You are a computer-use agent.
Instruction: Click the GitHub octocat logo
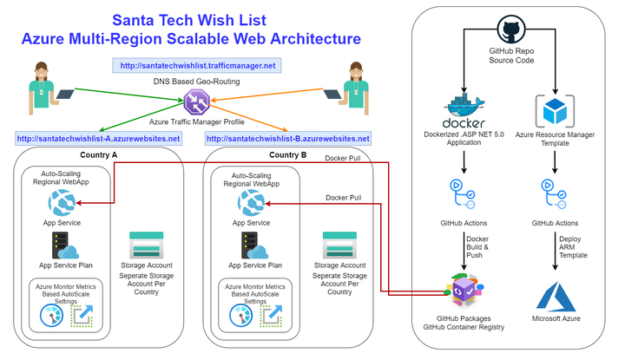[x=511, y=29]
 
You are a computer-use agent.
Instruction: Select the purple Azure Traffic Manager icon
[x=196, y=101]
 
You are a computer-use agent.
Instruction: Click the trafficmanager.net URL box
[x=197, y=66]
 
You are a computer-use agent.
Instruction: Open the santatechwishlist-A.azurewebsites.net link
[x=98, y=139]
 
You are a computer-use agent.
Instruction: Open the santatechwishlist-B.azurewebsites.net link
[x=288, y=139]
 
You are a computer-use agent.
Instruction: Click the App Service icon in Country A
[x=62, y=203]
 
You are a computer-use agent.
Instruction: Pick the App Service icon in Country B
[x=251, y=203]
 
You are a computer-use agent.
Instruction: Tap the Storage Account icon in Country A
[x=147, y=245]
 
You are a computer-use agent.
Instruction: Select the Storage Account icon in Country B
[x=339, y=245]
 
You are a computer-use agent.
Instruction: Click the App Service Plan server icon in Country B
[x=254, y=245]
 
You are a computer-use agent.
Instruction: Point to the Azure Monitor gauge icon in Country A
[x=51, y=316]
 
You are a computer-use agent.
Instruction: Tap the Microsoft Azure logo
[x=556, y=297]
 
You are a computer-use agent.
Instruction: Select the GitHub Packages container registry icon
[x=464, y=291]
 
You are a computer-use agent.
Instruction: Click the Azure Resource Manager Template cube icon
[x=555, y=111]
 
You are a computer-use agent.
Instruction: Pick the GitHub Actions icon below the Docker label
[x=463, y=194]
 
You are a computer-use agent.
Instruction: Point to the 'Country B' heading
[x=288, y=155]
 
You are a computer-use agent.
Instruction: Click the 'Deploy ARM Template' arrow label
[x=573, y=247]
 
